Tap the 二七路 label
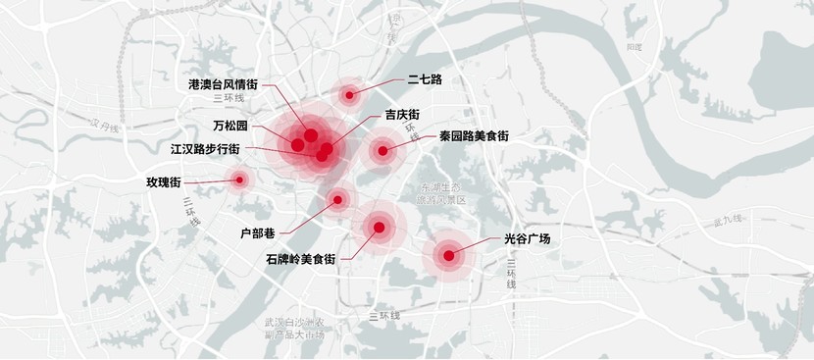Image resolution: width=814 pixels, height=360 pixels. pyautogui.click(x=425, y=78)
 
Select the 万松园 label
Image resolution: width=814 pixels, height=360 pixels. pyautogui.click(x=230, y=127)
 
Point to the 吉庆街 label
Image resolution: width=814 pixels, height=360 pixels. pyautogui.click(x=403, y=113)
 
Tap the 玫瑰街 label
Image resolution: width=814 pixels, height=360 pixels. pyautogui.click(x=163, y=182)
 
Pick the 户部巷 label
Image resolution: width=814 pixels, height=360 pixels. pyautogui.click(x=258, y=232)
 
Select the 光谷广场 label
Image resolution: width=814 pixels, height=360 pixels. pyautogui.click(x=528, y=238)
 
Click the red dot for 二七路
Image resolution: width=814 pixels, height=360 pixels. pyautogui.click(x=349, y=94)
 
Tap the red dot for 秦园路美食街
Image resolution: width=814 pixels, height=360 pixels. pyautogui.click(x=382, y=150)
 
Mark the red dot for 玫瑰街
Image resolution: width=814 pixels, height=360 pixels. pyautogui.click(x=238, y=180)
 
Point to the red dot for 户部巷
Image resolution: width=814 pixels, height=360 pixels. pyautogui.click(x=337, y=199)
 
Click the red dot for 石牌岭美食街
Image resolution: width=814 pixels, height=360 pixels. pyautogui.click(x=379, y=228)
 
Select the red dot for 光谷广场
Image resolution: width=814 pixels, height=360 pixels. pyautogui.click(x=448, y=256)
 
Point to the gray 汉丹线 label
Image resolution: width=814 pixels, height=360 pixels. pyautogui.click(x=102, y=126)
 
